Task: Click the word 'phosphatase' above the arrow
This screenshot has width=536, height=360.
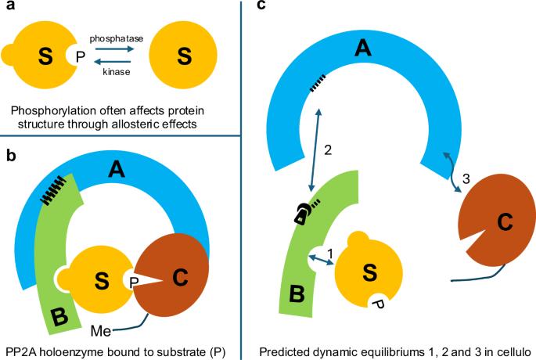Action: coord(114,37)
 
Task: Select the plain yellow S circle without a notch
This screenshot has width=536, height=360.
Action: coord(184,56)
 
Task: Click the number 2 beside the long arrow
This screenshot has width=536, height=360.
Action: coord(329,149)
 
